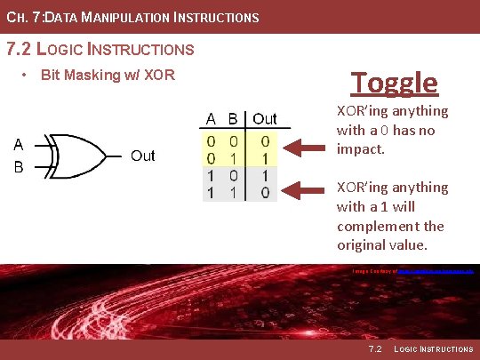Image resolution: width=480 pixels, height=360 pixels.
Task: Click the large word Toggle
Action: point(394,83)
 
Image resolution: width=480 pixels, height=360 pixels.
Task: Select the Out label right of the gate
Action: point(142,156)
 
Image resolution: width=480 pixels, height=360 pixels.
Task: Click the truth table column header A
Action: point(212,119)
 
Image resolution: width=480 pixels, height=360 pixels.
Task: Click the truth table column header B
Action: point(233,119)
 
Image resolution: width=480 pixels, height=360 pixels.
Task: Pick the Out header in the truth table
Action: point(265,119)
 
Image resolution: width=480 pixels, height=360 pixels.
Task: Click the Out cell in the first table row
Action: point(265,141)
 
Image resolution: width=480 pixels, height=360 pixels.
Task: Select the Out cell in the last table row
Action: point(265,191)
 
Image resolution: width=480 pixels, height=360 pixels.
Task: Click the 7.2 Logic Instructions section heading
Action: point(100,49)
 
